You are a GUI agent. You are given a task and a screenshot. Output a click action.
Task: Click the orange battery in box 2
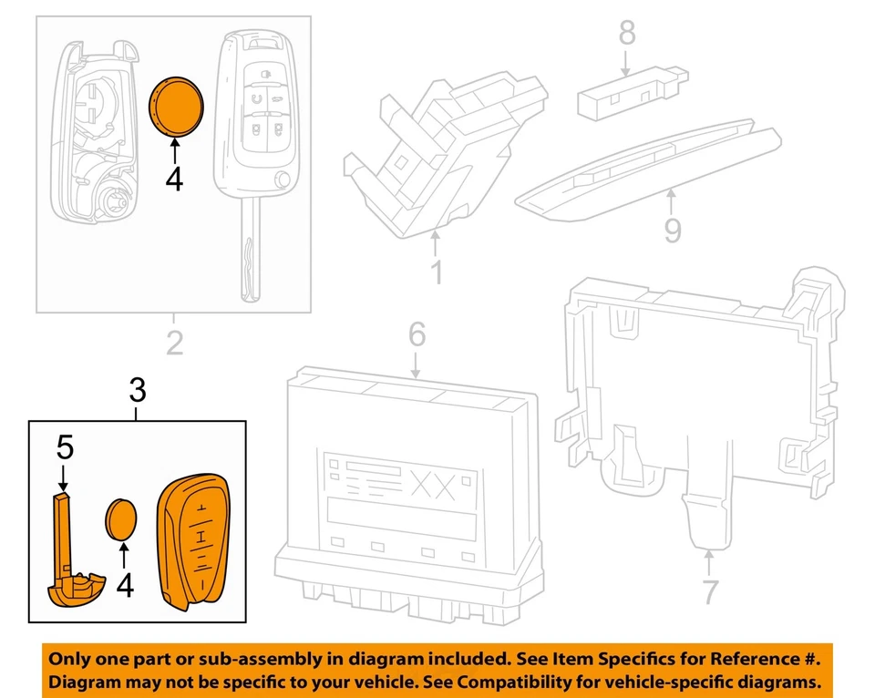pyautogui.click(x=176, y=107)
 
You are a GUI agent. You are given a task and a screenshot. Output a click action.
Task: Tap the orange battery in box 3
pyautogui.click(x=123, y=521)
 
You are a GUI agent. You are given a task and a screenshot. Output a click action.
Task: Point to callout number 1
pyautogui.click(x=436, y=271)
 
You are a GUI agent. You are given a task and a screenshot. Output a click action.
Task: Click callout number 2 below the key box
pyautogui.click(x=173, y=344)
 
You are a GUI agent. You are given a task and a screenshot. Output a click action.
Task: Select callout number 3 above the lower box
pyautogui.click(x=137, y=392)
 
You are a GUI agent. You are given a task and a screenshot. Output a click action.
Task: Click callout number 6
pyautogui.click(x=416, y=334)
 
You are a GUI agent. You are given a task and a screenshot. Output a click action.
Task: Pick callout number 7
pyautogui.click(x=709, y=590)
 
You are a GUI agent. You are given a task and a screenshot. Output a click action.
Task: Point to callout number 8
pyautogui.click(x=626, y=34)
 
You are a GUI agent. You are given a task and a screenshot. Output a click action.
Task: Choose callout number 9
pyautogui.click(x=672, y=229)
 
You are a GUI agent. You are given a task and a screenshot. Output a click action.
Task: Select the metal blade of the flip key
pyautogui.click(x=249, y=255)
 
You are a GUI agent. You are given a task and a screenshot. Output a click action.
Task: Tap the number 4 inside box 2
pyautogui.click(x=174, y=179)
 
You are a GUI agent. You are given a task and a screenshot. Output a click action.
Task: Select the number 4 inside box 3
pyautogui.click(x=125, y=583)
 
